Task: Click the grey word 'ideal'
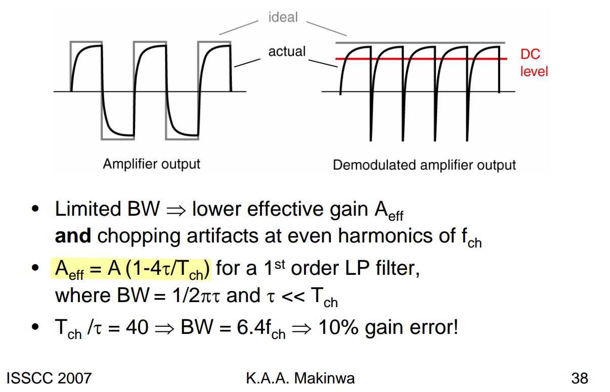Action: tap(283, 17)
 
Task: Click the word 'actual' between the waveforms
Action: tap(287, 52)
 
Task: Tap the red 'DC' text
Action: tap(530, 54)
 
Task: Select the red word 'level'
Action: tap(534, 72)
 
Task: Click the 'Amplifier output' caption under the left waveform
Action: tap(151, 164)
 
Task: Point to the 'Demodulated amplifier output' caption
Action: tap(424, 165)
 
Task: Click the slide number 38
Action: tap(580, 378)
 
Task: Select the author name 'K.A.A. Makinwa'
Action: tap(300, 378)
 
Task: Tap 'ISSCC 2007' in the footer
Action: tap(49, 378)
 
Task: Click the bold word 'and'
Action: tap(73, 235)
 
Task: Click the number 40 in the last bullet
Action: tap(137, 327)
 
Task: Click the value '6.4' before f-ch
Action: tap(251, 327)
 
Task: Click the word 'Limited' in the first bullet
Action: tap(88, 209)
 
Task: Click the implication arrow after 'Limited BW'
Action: tap(176, 211)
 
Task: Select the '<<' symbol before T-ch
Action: tap(293, 297)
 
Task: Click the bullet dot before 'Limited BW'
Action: tap(35, 209)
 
